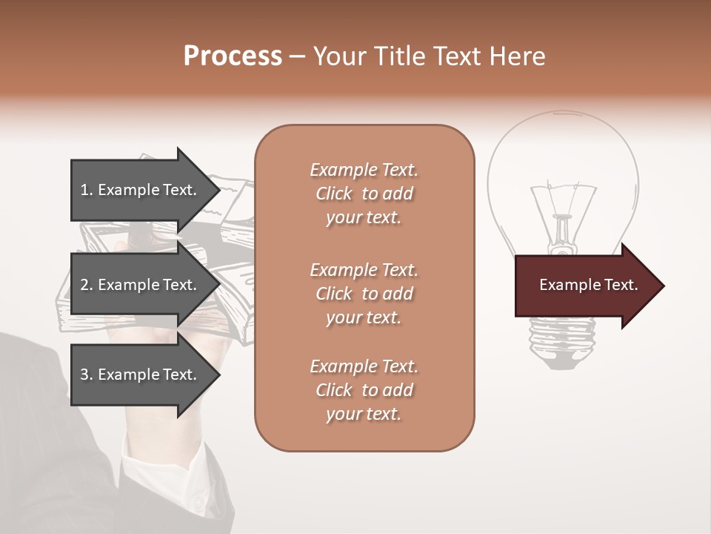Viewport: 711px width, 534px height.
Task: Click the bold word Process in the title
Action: coord(233,56)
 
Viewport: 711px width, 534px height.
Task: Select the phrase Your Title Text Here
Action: coord(430,56)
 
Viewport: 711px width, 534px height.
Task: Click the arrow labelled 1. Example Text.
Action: coord(141,190)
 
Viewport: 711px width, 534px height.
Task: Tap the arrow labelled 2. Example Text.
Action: coord(141,285)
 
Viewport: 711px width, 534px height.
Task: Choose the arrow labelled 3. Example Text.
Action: coord(141,375)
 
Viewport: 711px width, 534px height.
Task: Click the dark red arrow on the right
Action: coord(585,286)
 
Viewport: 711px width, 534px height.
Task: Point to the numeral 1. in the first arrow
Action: coord(87,190)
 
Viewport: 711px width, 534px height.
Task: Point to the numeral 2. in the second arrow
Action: coord(87,285)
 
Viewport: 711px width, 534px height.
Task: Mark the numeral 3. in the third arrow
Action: coord(87,375)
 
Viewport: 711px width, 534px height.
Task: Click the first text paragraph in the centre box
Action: coord(364,194)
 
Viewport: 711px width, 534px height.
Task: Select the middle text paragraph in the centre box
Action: coord(364,294)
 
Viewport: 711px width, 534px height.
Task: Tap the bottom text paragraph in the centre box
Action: coord(364,390)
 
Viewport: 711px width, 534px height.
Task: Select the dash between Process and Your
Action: coord(298,56)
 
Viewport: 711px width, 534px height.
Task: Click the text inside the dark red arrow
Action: coord(588,286)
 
